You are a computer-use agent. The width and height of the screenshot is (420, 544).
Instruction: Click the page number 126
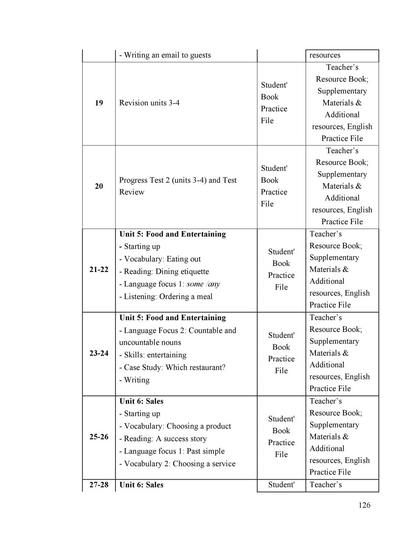(364, 505)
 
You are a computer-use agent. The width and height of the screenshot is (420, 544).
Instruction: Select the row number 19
(99, 103)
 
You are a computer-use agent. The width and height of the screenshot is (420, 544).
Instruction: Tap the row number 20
(99, 186)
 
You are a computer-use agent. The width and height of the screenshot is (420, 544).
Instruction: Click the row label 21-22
(99, 269)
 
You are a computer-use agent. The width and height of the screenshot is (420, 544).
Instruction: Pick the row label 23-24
(99, 353)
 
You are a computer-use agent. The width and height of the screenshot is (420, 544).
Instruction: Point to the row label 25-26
(99, 437)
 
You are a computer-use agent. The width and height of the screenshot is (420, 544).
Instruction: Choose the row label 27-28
(99, 485)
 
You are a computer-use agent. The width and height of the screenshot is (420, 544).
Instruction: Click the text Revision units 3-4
(149, 103)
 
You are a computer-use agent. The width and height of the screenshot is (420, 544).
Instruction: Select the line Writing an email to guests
(165, 55)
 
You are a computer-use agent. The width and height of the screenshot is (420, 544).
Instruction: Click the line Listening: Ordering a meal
(166, 297)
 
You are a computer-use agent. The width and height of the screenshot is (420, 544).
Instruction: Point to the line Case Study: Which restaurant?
(172, 367)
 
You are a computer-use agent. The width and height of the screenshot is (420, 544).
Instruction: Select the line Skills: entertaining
(153, 355)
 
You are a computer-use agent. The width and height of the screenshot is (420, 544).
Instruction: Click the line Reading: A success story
(163, 439)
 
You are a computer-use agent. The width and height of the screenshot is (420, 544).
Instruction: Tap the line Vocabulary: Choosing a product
(175, 426)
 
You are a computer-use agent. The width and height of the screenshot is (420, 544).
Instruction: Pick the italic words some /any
(203, 284)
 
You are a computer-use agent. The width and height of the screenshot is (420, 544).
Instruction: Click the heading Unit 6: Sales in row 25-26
(141, 401)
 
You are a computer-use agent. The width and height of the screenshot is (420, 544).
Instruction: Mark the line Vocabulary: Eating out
(160, 259)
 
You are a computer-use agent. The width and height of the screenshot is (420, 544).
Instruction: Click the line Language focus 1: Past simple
(172, 451)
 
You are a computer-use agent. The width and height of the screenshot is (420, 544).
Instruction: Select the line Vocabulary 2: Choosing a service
(177, 464)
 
